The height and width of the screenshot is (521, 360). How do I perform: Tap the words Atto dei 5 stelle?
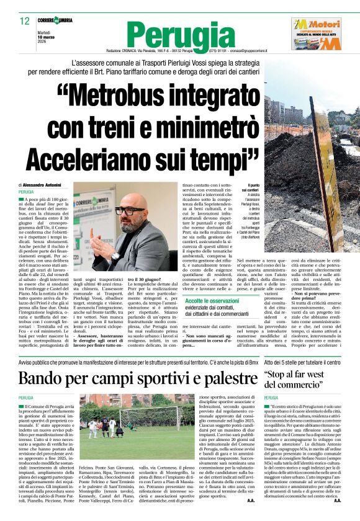point(282,361)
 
